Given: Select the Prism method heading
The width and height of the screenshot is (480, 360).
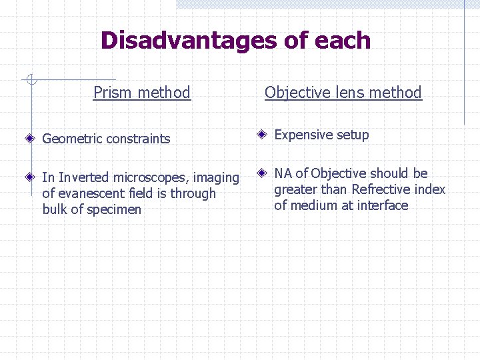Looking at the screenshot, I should pos(142,93).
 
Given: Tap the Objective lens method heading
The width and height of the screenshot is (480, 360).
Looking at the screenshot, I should pos(343,93).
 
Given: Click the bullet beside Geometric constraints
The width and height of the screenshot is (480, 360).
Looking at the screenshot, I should pos(30,139).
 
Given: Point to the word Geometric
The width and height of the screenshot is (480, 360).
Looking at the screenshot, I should pos(72,139).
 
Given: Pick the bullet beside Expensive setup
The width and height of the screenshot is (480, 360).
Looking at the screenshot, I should pos(263,135).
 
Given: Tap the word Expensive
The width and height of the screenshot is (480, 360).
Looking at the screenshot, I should pos(303,135).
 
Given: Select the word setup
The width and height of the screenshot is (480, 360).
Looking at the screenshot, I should pos(353,135).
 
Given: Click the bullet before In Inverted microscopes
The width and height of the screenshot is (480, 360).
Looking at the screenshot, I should pos(30,177).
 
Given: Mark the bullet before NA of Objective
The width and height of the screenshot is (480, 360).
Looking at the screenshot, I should pos(263,173).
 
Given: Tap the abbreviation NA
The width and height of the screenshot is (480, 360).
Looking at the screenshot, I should pos(283,173).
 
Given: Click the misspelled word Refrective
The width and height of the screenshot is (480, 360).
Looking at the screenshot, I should pos(379,189).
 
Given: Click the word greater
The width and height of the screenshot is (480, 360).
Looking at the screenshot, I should pos(295,190).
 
